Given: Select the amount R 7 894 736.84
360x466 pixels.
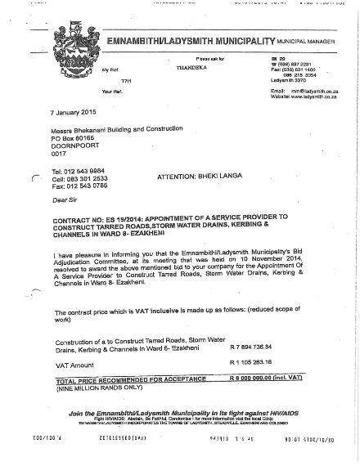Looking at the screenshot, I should point(249,346).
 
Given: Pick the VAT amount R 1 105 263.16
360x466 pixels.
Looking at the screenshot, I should point(249,362).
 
